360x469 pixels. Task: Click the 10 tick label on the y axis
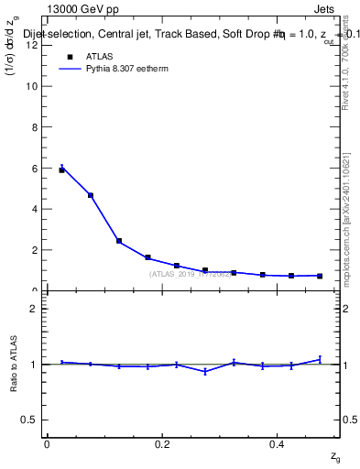[x=34, y=86]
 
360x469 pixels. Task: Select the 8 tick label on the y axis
[x=37, y=127]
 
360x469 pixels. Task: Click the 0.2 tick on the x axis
[x=162, y=442]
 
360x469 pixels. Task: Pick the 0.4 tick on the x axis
[x=278, y=442]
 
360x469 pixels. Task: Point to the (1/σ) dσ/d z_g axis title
[x=13, y=54]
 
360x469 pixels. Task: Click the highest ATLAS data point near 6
[x=62, y=169]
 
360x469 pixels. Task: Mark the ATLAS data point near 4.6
[x=91, y=195]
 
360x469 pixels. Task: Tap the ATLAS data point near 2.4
[x=119, y=241]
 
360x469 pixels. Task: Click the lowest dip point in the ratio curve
[x=205, y=371]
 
